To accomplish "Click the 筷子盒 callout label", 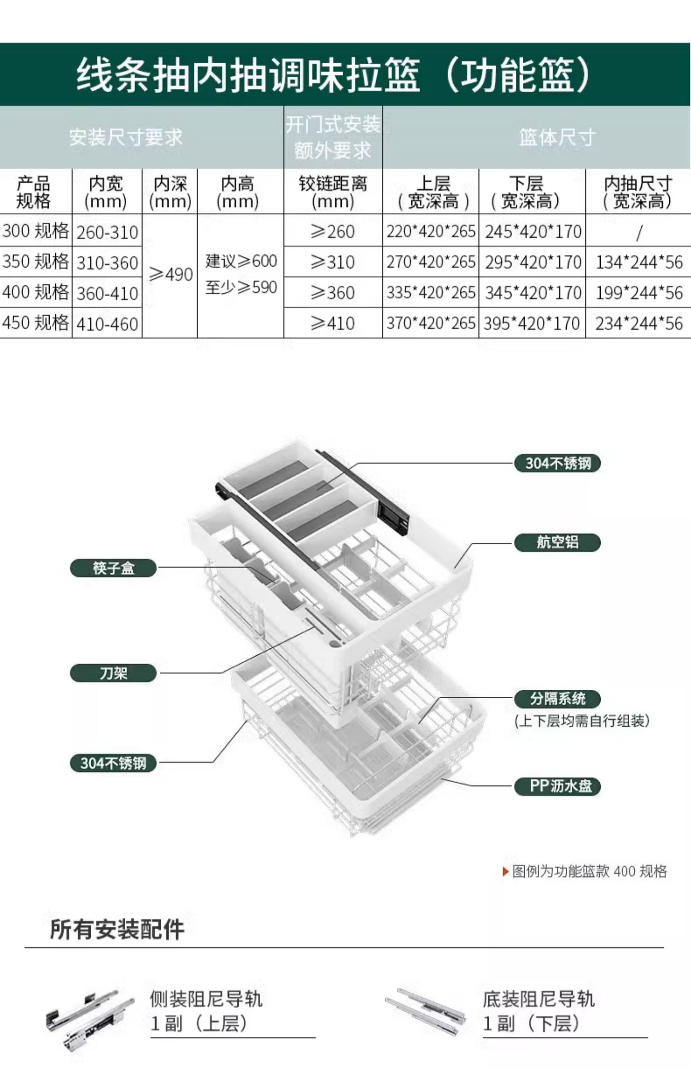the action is tap(113, 568).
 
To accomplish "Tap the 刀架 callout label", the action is tap(113, 673).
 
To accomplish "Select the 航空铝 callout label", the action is tap(557, 542).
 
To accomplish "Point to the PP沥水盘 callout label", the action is tap(557, 786).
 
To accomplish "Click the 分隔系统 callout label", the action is tap(557, 699).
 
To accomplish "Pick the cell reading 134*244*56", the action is tap(639, 262).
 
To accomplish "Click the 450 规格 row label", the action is tap(35, 323).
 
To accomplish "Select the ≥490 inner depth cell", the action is tap(170, 275).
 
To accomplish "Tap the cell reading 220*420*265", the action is tap(431, 231).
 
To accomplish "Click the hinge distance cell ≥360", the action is tap(333, 293).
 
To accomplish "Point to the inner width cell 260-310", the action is tap(107, 232).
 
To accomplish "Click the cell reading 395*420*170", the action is tap(532, 323).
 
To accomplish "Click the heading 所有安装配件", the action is tap(117, 929).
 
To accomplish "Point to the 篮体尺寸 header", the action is tap(557, 137).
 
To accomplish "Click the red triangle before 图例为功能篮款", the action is tap(506, 871).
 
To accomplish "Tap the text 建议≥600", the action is tap(241, 261).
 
